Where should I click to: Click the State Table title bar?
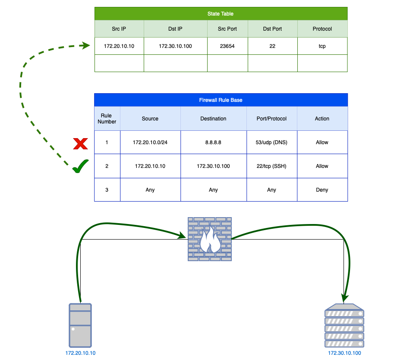(x=221, y=14)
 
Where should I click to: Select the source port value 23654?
(x=227, y=46)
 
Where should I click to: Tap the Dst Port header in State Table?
(x=272, y=29)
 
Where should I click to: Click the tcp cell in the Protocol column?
(x=322, y=46)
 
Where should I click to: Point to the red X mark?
(x=80, y=143)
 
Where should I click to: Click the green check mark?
(x=80, y=166)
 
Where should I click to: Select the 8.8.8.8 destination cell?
(x=213, y=142)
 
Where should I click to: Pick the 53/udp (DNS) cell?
(x=271, y=142)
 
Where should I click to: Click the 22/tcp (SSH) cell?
(x=271, y=166)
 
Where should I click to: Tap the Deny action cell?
(x=322, y=190)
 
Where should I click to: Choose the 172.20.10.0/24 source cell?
(x=150, y=142)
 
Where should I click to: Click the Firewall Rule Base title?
(x=221, y=100)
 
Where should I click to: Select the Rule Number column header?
(x=107, y=119)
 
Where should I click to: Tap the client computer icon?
(x=80, y=325)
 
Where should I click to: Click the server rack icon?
(x=344, y=325)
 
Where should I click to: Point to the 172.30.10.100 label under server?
(x=344, y=353)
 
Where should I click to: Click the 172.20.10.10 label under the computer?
(x=80, y=353)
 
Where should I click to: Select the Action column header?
(x=322, y=119)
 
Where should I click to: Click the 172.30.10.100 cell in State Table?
(x=175, y=46)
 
